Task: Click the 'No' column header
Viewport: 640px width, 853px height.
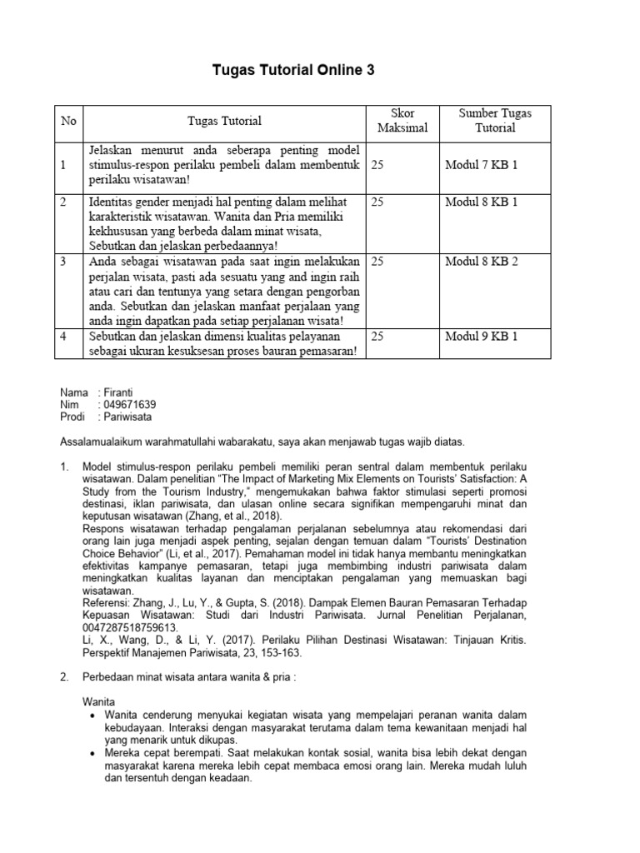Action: pos(68,121)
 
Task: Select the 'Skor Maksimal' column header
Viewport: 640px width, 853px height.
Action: pos(402,121)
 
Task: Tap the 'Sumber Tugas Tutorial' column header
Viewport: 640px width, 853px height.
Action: pos(495,121)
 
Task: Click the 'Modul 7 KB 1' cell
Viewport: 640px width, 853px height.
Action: pos(482,166)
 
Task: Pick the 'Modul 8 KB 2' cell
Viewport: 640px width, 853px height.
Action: pos(482,262)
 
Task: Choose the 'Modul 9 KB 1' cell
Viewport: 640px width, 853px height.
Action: pos(482,337)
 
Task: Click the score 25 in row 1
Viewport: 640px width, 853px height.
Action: pos(377,166)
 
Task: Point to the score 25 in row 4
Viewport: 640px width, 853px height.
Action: pos(377,337)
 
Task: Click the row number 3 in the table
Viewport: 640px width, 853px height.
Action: pos(63,262)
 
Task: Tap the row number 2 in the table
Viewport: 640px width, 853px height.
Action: pos(63,202)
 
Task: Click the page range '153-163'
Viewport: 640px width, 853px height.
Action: pos(282,652)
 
